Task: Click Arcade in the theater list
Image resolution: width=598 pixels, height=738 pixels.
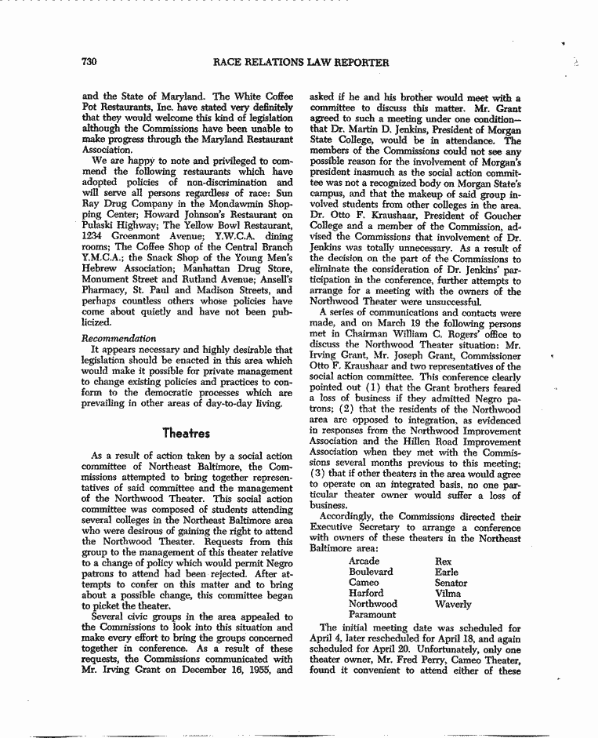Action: click(364, 562)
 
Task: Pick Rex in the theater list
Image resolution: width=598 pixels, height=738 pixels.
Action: click(443, 562)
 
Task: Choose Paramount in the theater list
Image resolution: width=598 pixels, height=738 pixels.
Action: click(373, 615)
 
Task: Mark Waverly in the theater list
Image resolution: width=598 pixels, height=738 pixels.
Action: click(453, 604)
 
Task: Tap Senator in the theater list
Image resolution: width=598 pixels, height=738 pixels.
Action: click(451, 583)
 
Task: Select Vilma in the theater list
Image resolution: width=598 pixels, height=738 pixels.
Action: click(448, 594)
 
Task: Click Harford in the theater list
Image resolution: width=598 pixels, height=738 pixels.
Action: click(366, 594)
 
